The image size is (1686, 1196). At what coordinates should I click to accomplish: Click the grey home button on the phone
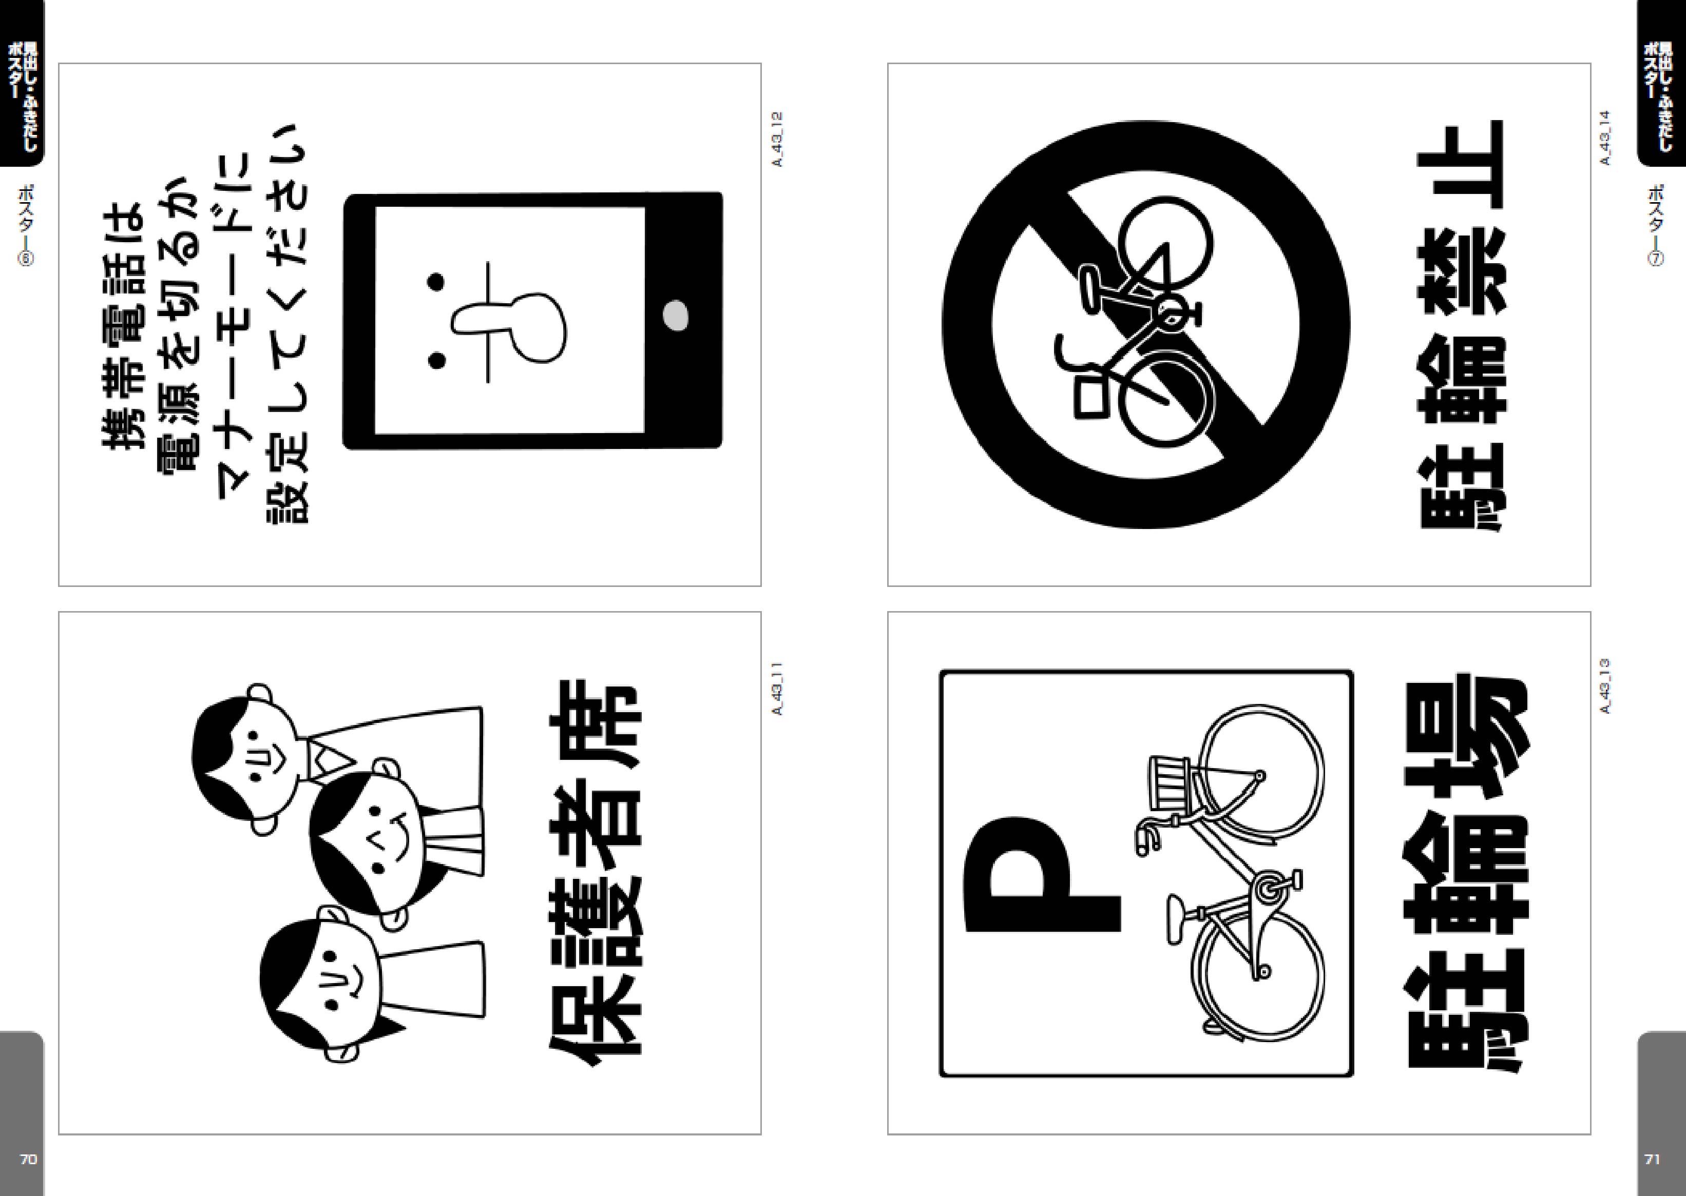click(x=676, y=316)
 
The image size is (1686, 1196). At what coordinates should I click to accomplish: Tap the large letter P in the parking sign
click(x=1042, y=874)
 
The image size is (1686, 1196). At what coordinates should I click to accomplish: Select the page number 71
click(x=1652, y=1159)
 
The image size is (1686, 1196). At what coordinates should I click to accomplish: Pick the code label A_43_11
click(x=777, y=688)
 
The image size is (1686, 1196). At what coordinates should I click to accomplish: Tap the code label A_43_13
click(x=1606, y=687)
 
